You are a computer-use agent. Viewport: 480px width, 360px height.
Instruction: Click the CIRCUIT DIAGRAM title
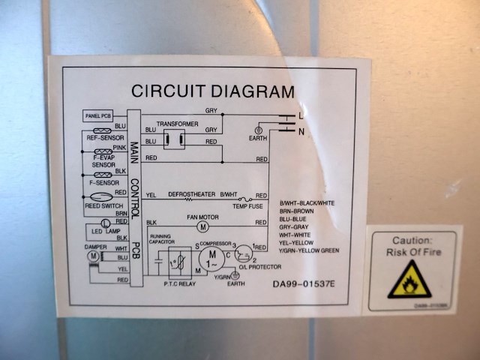point(213,91)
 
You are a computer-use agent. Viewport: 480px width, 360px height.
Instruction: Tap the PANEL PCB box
point(97,116)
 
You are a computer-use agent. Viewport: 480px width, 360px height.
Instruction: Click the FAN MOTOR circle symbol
point(202,226)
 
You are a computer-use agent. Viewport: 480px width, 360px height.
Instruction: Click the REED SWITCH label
point(103,205)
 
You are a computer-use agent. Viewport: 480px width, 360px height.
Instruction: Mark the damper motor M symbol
point(93,256)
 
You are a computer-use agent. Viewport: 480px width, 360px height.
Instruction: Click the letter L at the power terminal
point(301,115)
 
